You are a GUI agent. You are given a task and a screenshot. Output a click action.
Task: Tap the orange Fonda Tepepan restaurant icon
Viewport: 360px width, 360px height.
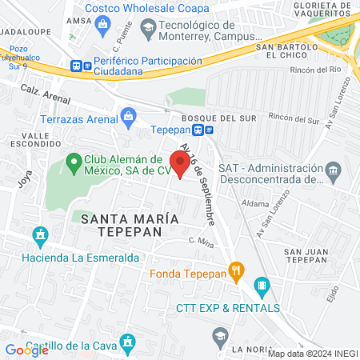(235, 270)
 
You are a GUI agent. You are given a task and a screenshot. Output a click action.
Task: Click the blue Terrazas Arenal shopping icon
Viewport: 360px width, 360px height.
(128, 117)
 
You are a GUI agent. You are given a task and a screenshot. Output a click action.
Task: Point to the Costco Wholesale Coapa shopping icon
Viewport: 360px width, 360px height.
(103, 26)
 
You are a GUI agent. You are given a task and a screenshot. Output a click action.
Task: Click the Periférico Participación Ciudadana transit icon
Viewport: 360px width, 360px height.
(77, 66)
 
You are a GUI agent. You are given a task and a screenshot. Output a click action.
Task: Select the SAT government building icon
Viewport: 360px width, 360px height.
(334, 170)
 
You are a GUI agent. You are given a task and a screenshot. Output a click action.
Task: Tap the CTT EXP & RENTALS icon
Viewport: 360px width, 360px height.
(261, 286)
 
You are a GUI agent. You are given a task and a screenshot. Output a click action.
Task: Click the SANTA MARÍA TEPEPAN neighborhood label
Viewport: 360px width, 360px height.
(120, 223)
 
